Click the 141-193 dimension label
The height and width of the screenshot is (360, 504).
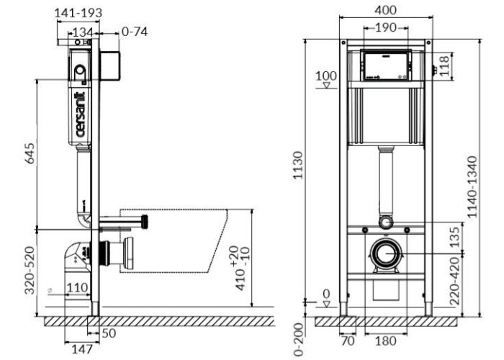point(78,13)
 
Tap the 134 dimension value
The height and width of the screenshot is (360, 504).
point(83,32)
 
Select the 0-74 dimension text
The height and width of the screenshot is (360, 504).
point(135,32)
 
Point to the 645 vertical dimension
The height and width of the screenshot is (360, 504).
point(30,153)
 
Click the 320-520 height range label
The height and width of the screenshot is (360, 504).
point(30,270)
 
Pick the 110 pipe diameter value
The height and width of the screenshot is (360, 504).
point(77,288)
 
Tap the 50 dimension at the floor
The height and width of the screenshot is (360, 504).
point(109,333)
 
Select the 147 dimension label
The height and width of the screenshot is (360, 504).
point(82,349)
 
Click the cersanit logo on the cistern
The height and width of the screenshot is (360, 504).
point(80,114)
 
